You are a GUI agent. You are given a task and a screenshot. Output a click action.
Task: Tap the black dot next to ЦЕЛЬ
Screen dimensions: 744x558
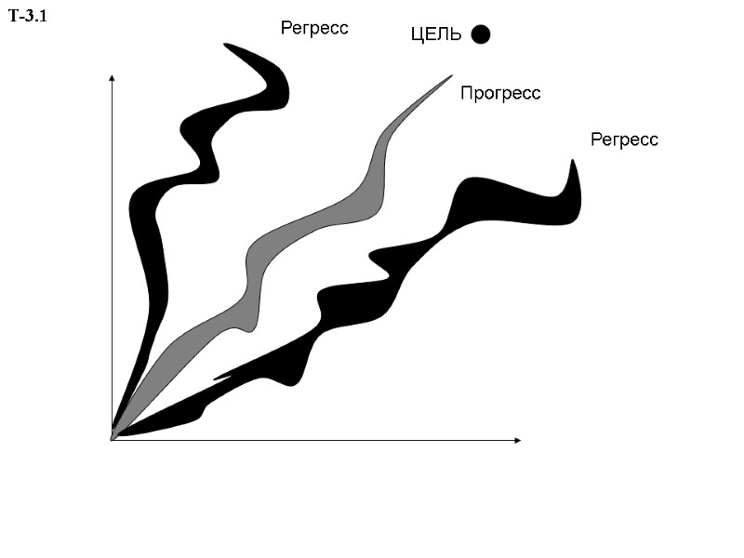point(481,34)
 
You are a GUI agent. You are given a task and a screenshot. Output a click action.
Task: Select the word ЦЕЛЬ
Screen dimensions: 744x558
point(436,35)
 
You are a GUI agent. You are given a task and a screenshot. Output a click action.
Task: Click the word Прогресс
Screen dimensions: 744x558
point(500,93)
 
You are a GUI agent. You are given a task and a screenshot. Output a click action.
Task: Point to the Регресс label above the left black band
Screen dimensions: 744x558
point(314,28)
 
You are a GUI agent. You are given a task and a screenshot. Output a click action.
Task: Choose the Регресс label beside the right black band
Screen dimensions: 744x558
point(624,139)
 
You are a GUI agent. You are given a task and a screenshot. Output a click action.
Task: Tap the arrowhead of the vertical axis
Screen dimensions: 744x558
point(112,78)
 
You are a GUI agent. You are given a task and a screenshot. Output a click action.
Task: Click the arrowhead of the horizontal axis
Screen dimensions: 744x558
point(517,439)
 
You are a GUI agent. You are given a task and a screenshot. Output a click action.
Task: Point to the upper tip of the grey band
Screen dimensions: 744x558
point(448,76)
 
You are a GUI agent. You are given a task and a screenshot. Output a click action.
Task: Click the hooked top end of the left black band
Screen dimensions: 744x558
point(232,46)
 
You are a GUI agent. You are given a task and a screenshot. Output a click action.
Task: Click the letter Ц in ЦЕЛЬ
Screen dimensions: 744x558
point(418,35)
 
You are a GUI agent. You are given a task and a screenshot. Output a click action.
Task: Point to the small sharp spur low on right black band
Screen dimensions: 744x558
point(219,379)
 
